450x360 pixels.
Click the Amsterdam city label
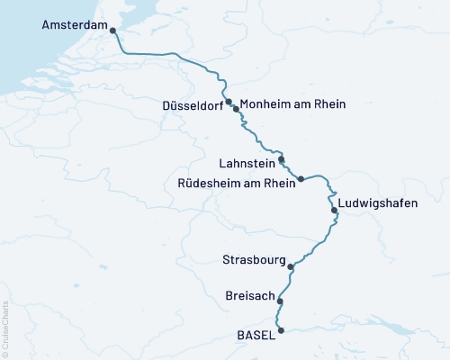[x=74, y=26]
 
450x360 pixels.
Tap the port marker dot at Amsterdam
[x=112, y=30]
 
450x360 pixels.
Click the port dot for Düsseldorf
[x=229, y=102]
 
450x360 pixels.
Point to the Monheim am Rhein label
[x=293, y=104]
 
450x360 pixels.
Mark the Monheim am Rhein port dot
[x=236, y=108]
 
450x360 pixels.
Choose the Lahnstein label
[x=246, y=165]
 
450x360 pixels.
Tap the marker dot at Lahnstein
[x=282, y=159]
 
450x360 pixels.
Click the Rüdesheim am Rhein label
[x=239, y=184]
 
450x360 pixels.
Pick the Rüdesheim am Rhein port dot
[x=301, y=178]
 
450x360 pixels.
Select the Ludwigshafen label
[x=378, y=203]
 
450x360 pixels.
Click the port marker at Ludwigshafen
[x=335, y=211]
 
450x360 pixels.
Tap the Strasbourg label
[x=253, y=260]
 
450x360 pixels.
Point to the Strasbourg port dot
[x=290, y=266]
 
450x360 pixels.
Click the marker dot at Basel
[x=282, y=330]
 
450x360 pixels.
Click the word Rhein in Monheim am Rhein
[x=328, y=104]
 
